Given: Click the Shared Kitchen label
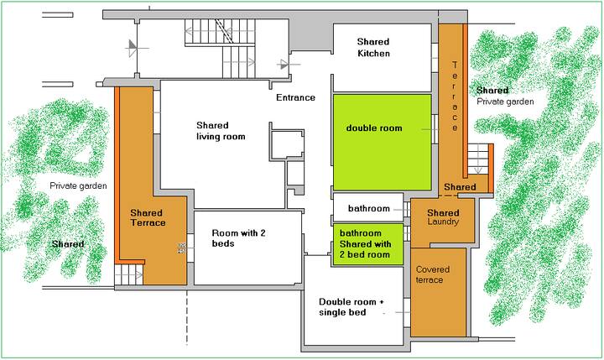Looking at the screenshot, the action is (x=373, y=47).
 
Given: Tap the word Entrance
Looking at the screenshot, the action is (x=295, y=97).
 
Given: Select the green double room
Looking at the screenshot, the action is (x=383, y=142).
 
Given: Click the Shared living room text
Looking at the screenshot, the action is (x=221, y=131).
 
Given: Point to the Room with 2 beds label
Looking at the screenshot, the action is (x=238, y=238).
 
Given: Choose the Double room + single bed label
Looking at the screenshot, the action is (x=351, y=307).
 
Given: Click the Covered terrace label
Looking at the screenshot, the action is (x=433, y=274).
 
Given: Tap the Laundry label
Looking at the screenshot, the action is (x=443, y=222).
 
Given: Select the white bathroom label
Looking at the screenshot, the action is (x=368, y=208).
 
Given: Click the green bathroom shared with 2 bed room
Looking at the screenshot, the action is (x=368, y=244).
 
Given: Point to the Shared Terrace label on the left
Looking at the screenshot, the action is (x=148, y=218).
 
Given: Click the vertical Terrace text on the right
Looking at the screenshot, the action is (x=455, y=96).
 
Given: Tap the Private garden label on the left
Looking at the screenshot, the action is (x=78, y=185).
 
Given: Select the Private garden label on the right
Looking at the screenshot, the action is (x=505, y=102).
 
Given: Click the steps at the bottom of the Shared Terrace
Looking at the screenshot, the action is (x=129, y=274).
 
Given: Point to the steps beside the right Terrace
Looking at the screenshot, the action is (x=478, y=159).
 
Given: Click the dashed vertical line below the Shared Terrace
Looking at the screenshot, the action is (x=187, y=317).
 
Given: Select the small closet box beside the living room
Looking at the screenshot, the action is (x=288, y=144).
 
